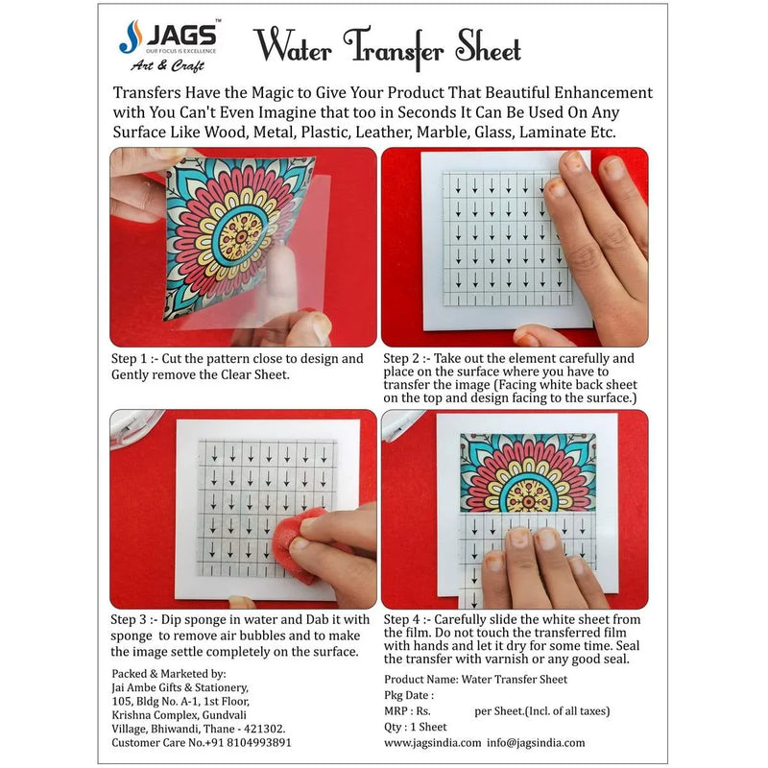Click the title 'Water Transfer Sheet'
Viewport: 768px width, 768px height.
pos(387,48)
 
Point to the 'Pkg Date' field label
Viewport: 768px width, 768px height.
pos(408,695)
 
